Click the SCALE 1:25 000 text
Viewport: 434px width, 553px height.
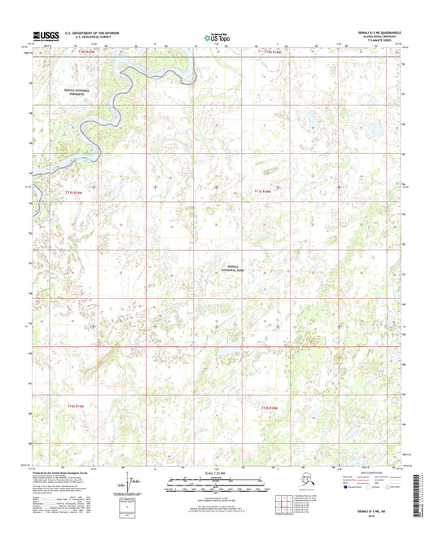click(216, 476)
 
